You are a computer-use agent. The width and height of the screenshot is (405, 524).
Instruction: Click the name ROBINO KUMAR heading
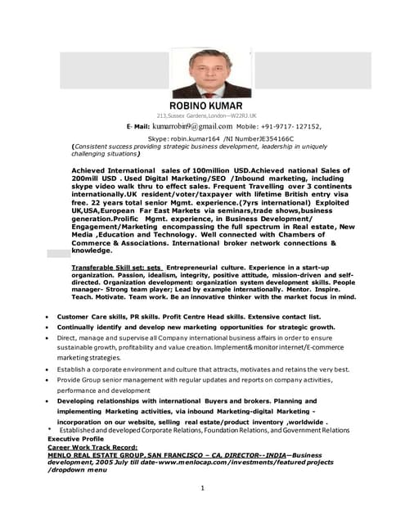[206, 106]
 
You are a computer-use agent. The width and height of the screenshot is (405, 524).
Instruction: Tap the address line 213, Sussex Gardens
[206, 116]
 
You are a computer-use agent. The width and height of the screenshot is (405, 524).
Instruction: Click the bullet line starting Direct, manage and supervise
[196, 337]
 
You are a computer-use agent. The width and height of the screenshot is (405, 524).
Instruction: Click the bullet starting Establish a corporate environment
[196, 369]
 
